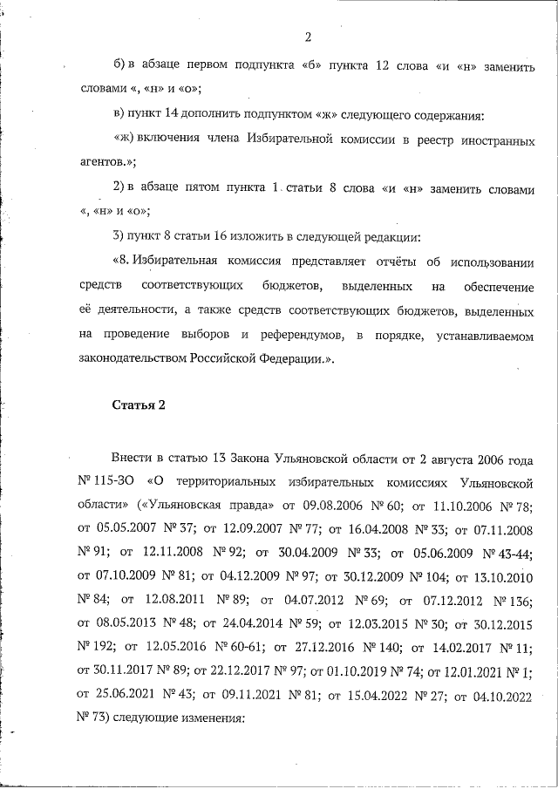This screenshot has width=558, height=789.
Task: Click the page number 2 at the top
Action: click(308, 37)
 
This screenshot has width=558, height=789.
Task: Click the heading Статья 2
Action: click(139, 405)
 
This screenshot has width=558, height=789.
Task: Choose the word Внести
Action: click(131, 457)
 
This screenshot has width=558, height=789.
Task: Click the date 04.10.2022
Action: click(498, 697)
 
